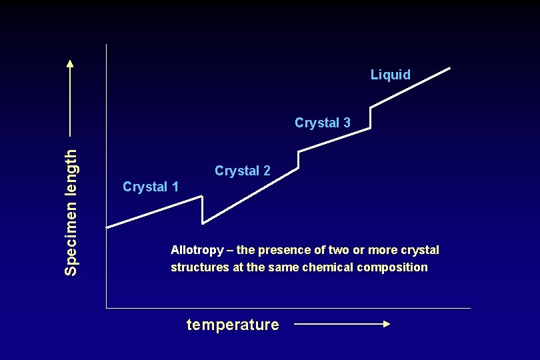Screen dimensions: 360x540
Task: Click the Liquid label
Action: click(x=390, y=75)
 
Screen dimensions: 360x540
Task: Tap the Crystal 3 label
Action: click(x=322, y=123)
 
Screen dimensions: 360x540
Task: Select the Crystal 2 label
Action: click(x=242, y=171)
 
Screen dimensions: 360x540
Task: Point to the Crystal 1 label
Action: click(x=151, y=187)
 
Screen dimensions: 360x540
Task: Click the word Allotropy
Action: click(x=197, y=251)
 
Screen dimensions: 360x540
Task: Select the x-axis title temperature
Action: click(x=233, y=325)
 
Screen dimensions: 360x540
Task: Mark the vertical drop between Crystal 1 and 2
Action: click(x=201, y=209)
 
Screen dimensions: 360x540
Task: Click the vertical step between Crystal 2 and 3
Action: click(x=299, y=160)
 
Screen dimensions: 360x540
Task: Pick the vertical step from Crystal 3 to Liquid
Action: click(x=370, y=117)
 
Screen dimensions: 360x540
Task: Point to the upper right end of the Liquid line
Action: click(x=450, y=67)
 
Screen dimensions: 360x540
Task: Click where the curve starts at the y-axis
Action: click(x=107, y=227)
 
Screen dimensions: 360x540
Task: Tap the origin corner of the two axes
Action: click(x=107, y=308)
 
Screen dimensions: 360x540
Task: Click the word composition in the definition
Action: click(x=393, y=267)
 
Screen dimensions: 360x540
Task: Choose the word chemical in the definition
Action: click(x=330, y=267)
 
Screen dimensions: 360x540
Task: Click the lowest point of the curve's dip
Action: click(x=203, y=222)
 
